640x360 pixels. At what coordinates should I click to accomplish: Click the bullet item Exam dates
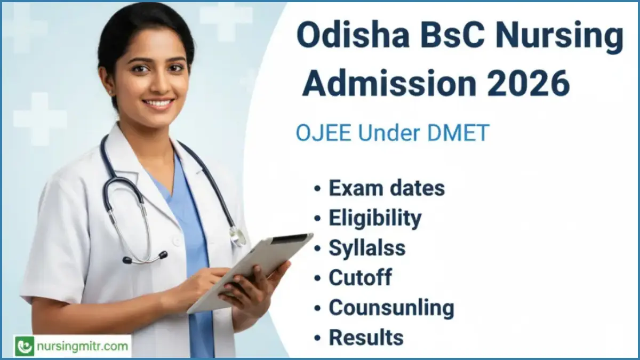tap(386, 188)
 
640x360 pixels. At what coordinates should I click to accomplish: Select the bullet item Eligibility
tap(374, 218)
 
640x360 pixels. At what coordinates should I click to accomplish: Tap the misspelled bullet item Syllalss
tap(366, 247)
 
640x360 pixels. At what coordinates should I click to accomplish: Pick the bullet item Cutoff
tap(360, 277)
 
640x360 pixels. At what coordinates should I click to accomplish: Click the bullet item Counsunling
tap(391, 307)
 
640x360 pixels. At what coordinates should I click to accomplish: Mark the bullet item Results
tap(366, 337)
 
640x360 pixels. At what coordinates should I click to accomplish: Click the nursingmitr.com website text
tap(83, 346)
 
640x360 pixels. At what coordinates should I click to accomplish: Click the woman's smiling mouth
tap(158, 102)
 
